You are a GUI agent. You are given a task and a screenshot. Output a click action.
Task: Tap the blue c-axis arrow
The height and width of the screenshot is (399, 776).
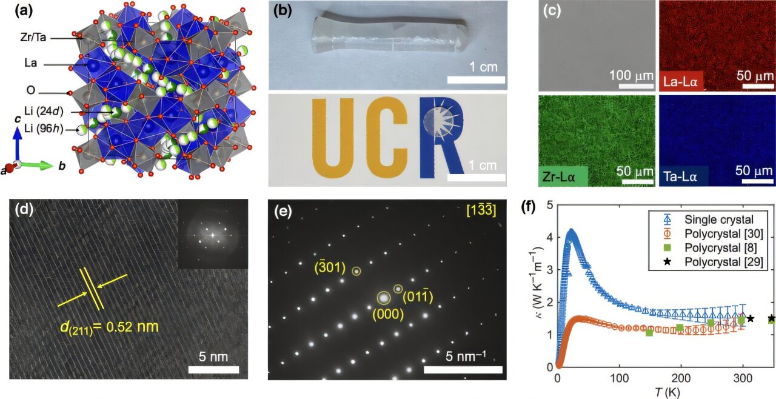click(x=18, y=146)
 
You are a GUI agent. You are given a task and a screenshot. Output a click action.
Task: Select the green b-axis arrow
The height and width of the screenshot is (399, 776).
click(x=39, y=164)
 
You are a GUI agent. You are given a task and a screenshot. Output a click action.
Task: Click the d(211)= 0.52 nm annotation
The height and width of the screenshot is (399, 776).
click(x=110, y=327)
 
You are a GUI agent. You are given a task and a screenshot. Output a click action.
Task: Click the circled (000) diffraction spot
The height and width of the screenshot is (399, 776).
click(x=384, y=298)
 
